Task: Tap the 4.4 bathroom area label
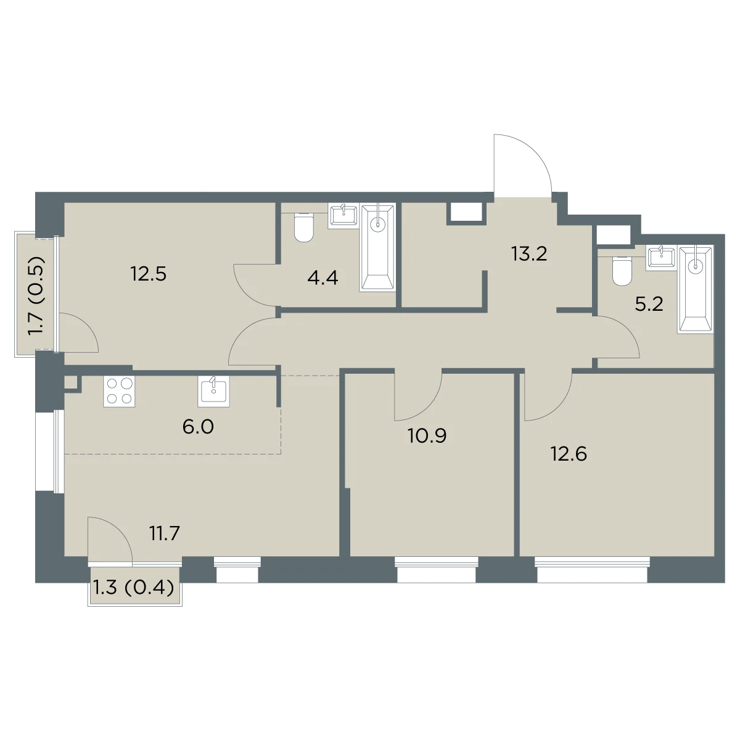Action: point(323,277)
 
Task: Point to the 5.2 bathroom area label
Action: point(649,305)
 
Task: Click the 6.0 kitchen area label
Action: point(198,427)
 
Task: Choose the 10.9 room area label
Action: point(427,436)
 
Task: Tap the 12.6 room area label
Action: point(569,454)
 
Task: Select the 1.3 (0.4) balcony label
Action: point(134,588)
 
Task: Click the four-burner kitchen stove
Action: point(119,392)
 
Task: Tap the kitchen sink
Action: point(213,391)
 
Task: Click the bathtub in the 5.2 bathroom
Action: point(696,290)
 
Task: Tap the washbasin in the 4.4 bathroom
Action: point(343,216)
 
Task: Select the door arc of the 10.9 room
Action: point(427,407)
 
